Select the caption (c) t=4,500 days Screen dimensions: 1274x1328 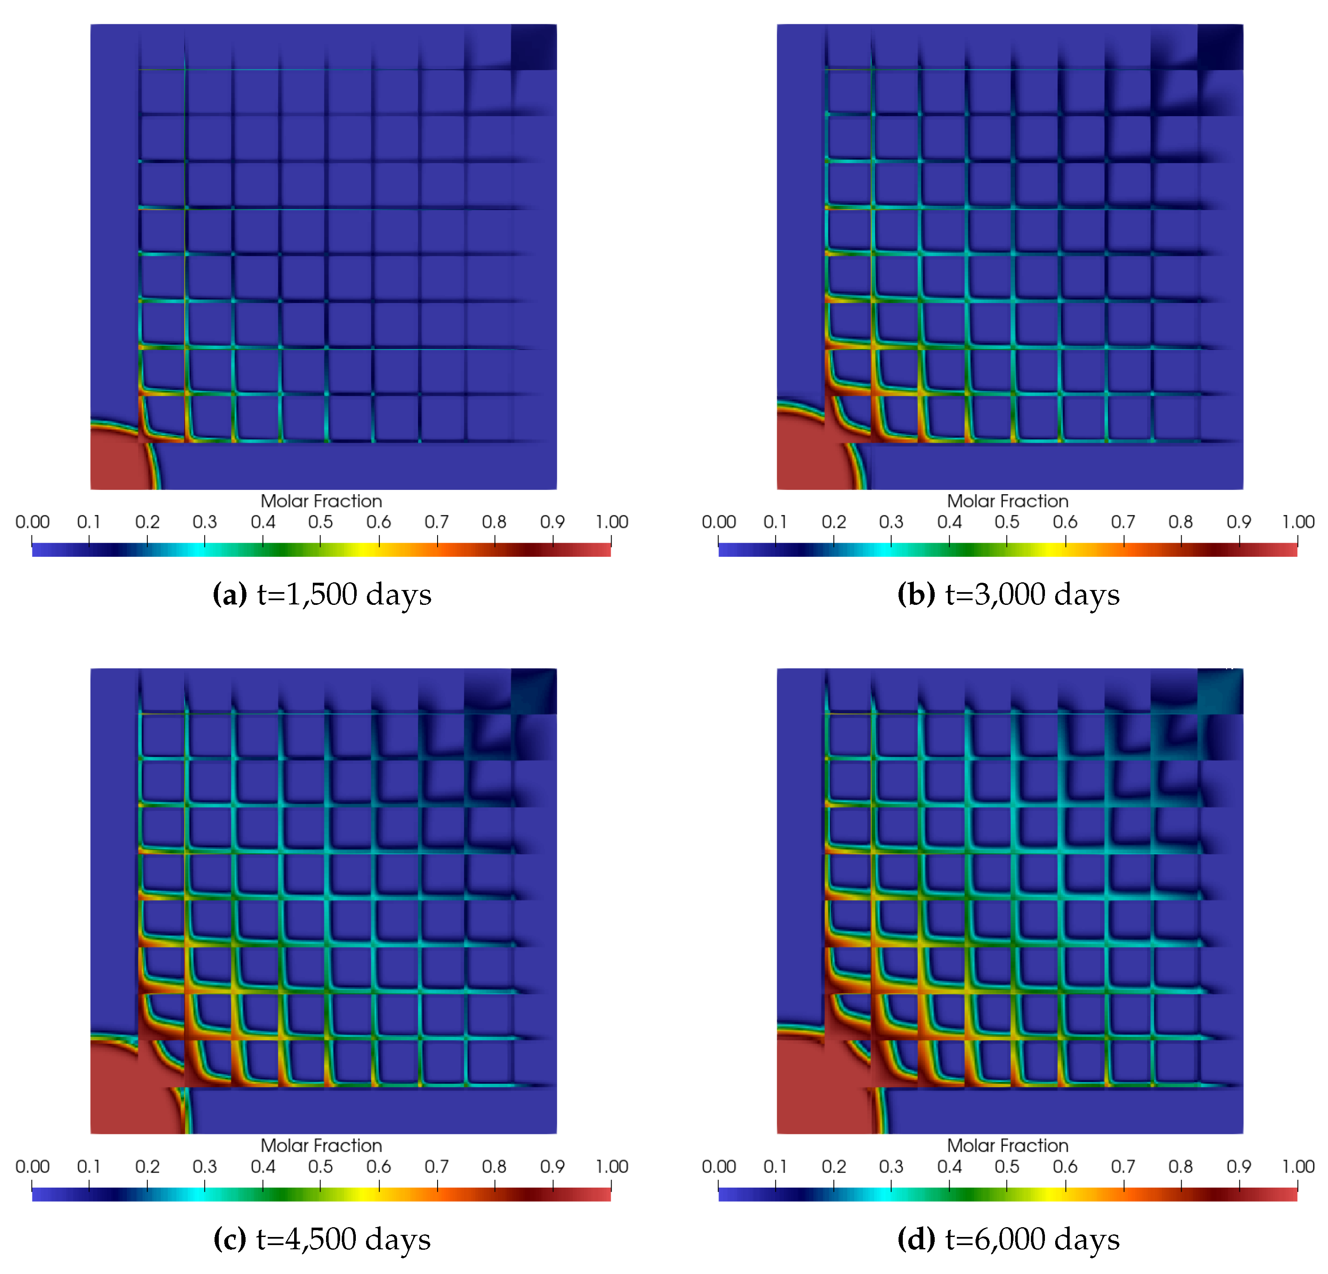coord(322,1239)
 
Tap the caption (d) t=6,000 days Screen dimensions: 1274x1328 coord(1008,1239)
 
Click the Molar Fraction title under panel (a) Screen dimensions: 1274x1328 coord(321,501)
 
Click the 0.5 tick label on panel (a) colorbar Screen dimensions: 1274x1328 coord(321,522)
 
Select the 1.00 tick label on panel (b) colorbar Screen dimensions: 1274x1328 coord(1297,522)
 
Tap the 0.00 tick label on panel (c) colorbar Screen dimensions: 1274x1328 coord(32,1166)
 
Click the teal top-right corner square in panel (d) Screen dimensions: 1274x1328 coord(1220,691)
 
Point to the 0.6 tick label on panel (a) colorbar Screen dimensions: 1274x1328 coord(379,522)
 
